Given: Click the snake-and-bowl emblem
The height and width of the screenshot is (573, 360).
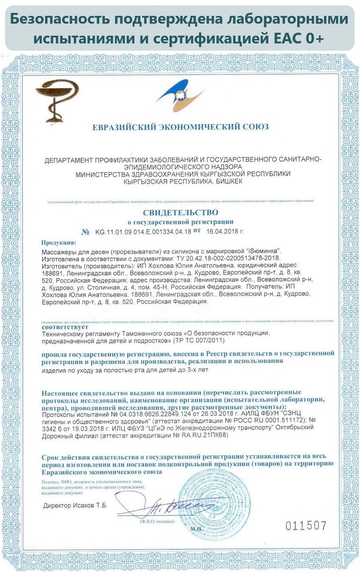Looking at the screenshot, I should [57, 101].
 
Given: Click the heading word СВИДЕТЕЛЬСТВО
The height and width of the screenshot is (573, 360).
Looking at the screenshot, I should [180, 212].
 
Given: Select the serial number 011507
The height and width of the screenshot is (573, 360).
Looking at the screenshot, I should [306, 526].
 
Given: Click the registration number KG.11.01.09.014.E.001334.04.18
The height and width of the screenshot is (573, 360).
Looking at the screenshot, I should [143, 232].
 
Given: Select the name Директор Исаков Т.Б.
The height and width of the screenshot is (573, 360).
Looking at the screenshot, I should [75, 505].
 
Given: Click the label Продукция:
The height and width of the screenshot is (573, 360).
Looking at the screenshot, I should [59, 242].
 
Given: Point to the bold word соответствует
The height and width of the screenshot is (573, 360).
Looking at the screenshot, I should [65, 327].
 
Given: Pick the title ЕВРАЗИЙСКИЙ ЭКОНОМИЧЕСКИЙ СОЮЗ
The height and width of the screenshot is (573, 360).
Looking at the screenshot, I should [180, 127].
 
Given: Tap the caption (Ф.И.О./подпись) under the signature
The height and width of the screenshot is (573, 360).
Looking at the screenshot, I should [157, 521].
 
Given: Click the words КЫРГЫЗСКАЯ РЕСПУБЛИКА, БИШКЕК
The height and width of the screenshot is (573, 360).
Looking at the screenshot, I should [182, 181].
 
